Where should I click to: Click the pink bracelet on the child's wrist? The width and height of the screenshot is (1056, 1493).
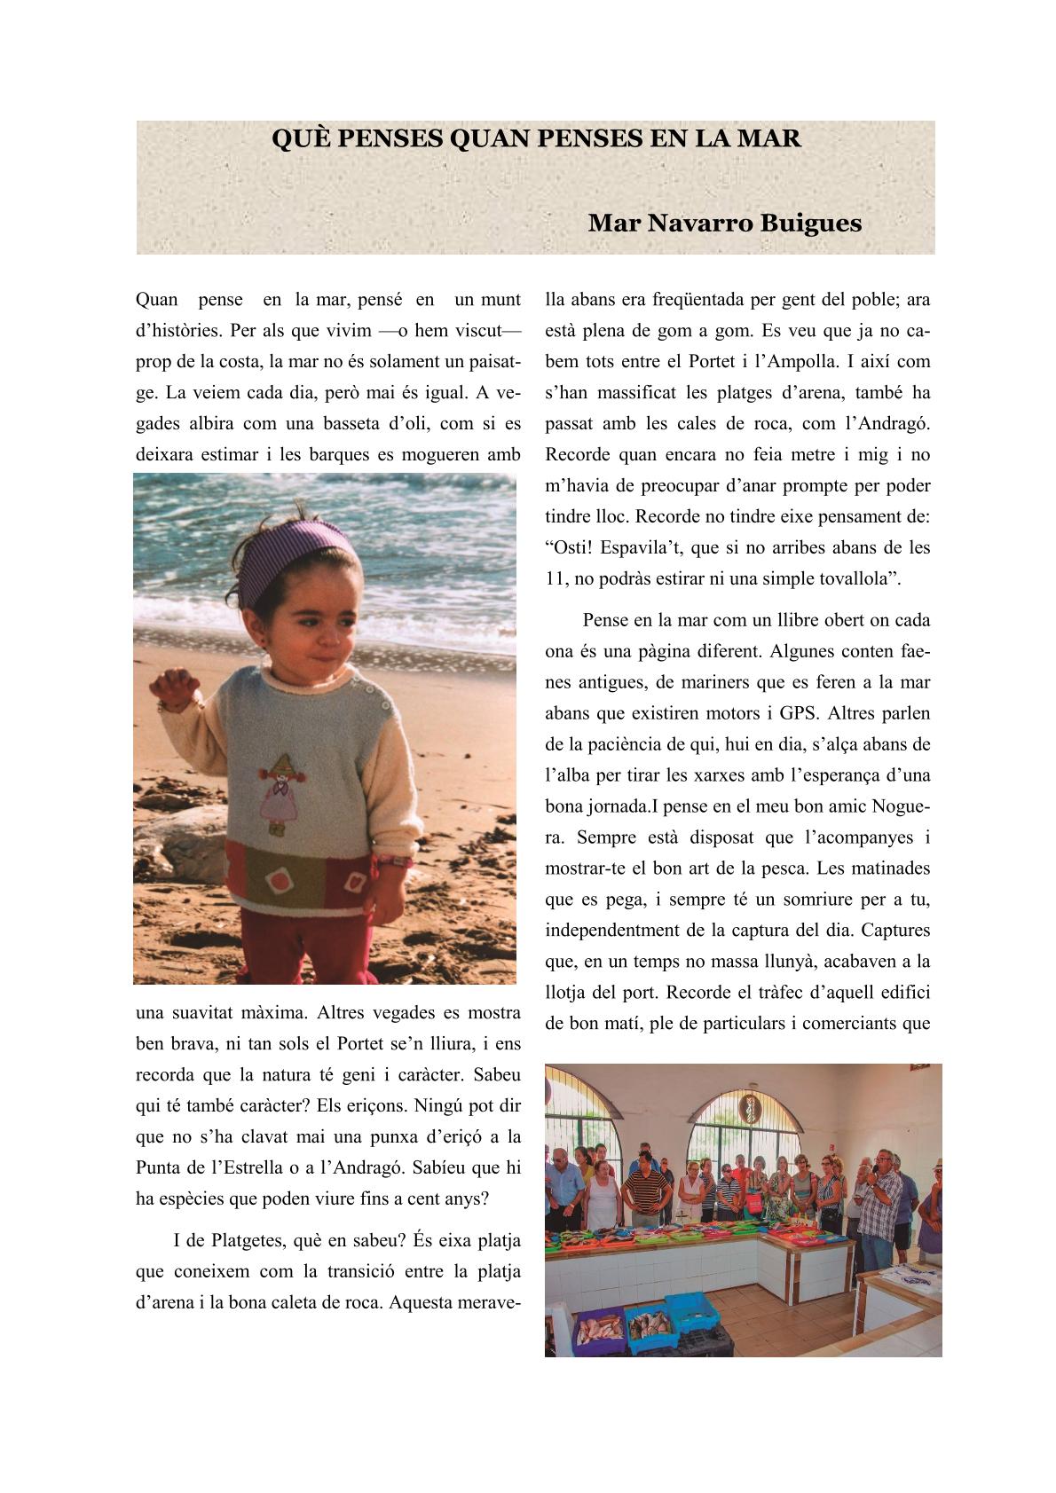click(x=392, y=860)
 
